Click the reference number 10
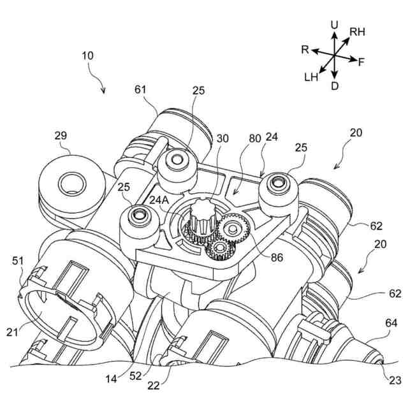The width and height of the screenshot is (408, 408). [x=88, y=55]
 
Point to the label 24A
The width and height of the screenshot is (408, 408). [x=159, y=198]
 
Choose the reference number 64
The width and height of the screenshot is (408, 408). [x=391, y=324]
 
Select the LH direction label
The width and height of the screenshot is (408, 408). [x=312, y=77]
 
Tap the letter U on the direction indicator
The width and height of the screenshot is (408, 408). [x=334, y=24]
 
